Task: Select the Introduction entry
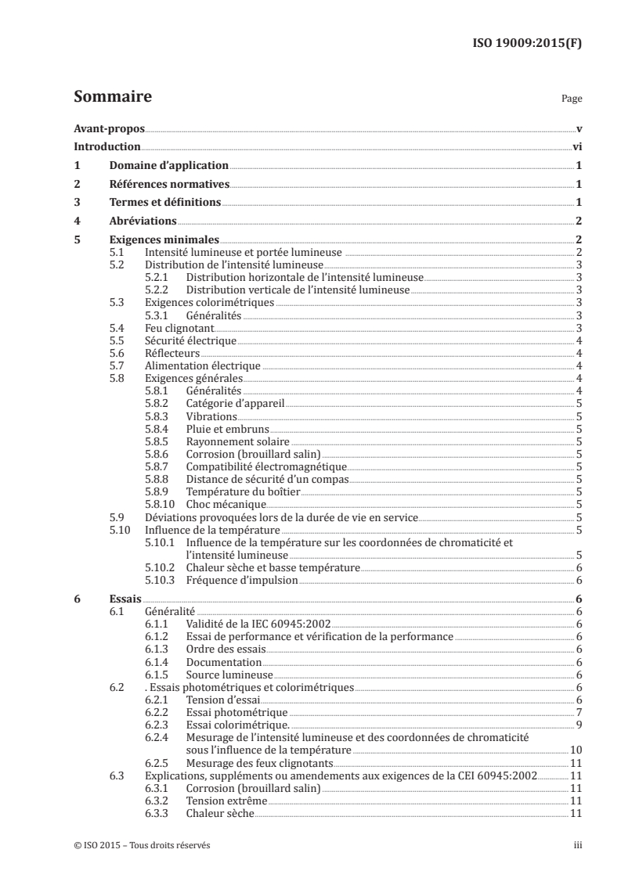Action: tap(107, 147)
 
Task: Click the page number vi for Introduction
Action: tap(577, 147)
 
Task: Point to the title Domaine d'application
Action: tap(168, 166)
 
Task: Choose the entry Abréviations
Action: tap(143, 221)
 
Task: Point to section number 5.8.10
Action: tap(160, 505)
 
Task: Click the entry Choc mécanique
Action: tap(222, 505)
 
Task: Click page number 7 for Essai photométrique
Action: tap(578, 713)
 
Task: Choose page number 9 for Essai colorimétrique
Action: tap(578, 725)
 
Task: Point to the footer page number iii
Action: tap(578, 846)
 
